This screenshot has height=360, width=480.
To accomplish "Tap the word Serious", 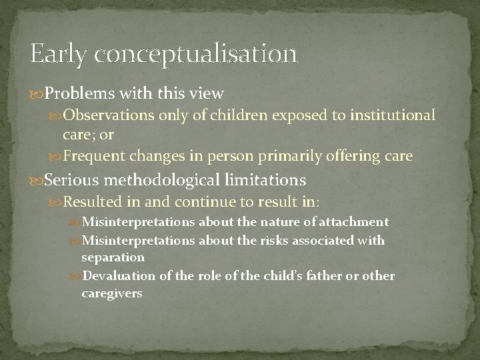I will (68, 181).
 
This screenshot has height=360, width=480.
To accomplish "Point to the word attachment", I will (357, 222).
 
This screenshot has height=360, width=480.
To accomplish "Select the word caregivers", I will (111, 292).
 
